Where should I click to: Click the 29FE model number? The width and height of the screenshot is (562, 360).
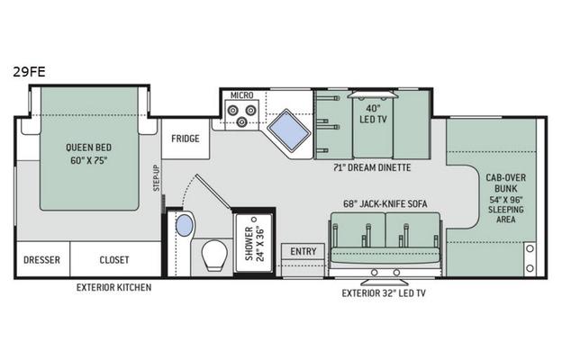[30, 72]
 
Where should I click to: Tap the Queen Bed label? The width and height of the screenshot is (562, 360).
[88, 154]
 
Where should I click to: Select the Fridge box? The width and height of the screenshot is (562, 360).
[186, 139]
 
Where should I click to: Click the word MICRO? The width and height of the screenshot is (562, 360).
[242, 95]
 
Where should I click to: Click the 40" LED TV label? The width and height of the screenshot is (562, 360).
[373, 113]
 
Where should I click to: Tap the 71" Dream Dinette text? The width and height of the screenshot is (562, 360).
[372, 167]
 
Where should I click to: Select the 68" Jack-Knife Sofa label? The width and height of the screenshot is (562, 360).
[385, 203]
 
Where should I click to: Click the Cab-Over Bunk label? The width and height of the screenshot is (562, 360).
[506, 198]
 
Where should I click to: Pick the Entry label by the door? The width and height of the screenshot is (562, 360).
[304, 251]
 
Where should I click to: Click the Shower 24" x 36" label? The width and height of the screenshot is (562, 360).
[254, 244]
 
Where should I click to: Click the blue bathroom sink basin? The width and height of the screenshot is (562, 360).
[185, 225]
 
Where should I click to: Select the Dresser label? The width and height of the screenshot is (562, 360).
[42, 260]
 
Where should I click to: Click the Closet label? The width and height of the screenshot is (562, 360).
[114, 260]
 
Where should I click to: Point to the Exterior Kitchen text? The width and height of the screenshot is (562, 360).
[114, 287]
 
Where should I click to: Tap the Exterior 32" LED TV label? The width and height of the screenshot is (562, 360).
[384, 293]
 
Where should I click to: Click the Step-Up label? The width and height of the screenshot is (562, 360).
[157, 177]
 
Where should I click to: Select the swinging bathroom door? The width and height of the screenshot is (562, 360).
[213, 192]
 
